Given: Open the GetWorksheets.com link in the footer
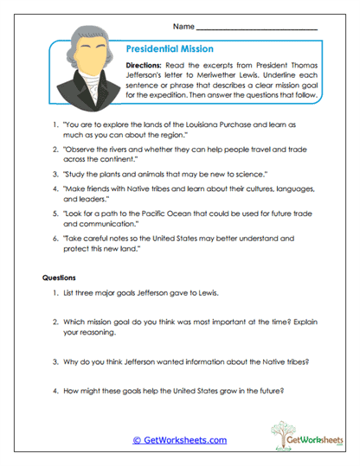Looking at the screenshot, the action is click(180, 440).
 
